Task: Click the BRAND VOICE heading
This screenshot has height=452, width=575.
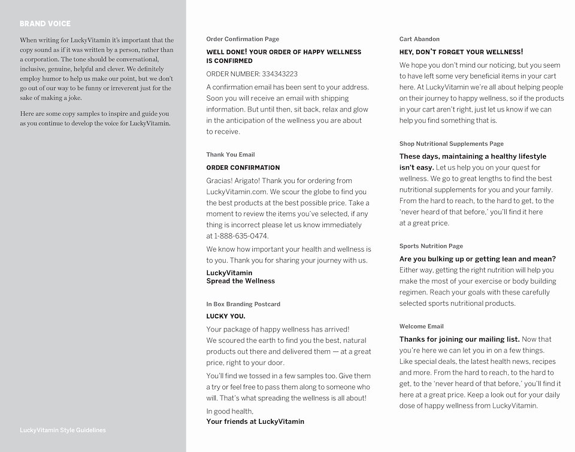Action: coord(45,24)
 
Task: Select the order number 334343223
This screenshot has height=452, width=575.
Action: coord(280,74)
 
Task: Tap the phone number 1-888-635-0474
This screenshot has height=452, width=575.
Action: coord(241,236)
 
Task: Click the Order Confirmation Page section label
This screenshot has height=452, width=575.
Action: coord(243,40)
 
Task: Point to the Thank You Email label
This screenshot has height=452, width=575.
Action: coord(231,155)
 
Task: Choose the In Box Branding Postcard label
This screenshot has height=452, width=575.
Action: coord(243,305)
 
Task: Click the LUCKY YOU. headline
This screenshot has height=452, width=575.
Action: coord(226,317)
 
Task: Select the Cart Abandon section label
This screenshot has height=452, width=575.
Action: coord(419,40)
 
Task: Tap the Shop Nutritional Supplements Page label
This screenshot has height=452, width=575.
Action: coord(452,144)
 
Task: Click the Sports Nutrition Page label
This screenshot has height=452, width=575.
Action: coord(431,246)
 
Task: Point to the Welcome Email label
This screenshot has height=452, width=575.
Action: coord(422,327)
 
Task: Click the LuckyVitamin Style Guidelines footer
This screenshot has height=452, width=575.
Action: coord(63,430)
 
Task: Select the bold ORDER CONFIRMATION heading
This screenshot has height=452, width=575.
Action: coord(243,168)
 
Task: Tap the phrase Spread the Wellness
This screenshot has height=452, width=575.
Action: coord(241,281)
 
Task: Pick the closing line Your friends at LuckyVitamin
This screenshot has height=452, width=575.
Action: coord(255,422)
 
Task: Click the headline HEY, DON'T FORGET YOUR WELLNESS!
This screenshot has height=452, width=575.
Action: coord(461,53)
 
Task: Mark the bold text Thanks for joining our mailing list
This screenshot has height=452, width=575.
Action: coord(459,340)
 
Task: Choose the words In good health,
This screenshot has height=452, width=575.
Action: coord(230,412)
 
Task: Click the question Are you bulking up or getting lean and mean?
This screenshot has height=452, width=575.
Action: coord(478,260)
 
